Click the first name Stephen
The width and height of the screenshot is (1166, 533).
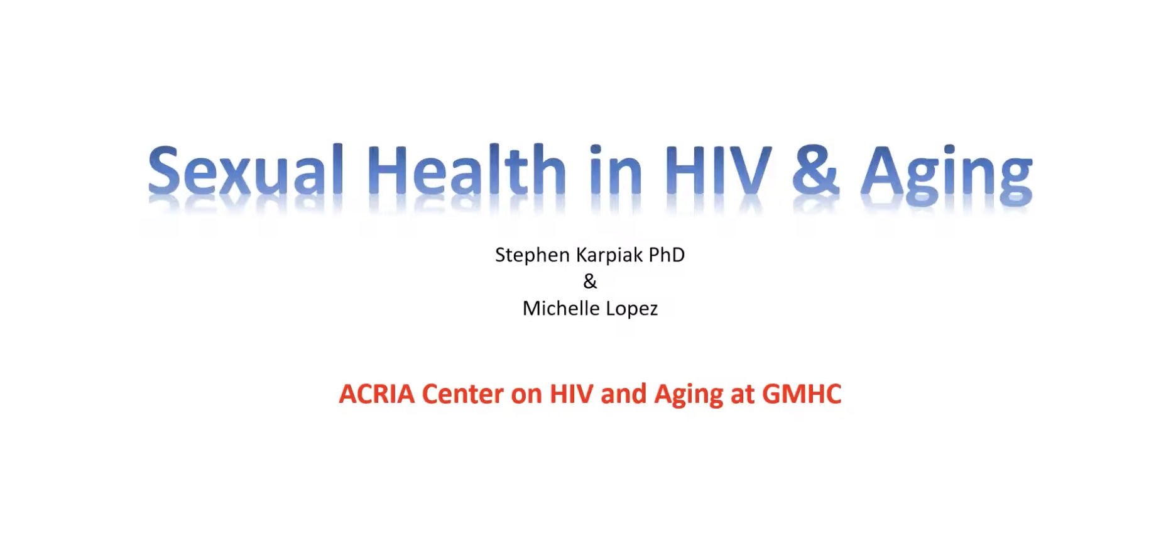(x=533, y=255)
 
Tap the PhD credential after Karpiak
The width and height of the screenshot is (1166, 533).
(x=667, y=255)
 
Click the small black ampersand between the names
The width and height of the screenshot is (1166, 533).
(x=590, y=281)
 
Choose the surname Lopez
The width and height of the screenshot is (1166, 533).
(x=631, y=309)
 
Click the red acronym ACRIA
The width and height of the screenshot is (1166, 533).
(x=377, y=394)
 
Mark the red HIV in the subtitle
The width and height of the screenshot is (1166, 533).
(x=571, y=394)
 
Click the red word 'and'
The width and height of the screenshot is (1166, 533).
(x=623, y=394)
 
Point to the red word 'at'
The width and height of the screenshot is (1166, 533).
(x=743, y=395)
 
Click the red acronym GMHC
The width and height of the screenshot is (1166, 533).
(x=802, y=394)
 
